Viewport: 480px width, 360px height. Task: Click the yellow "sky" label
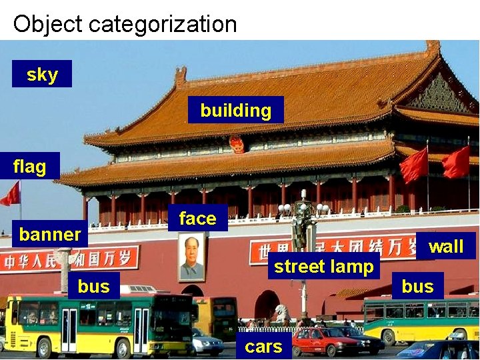[x=42, y=74]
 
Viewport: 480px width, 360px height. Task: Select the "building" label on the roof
[x=235, y=110]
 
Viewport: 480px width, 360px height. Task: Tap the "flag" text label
[x=29, y=166]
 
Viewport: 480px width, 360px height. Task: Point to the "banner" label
[x=50, y=234]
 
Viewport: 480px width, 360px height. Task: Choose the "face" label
[x=197, y=218]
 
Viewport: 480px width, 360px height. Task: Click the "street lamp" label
[x=323, y=266]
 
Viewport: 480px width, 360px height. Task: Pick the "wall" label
[x=445, y=246]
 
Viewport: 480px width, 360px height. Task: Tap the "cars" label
[x=263, y=346]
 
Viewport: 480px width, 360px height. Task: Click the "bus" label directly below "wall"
[x=417, y=286]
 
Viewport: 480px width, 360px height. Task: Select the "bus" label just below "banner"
[x=93, y=286]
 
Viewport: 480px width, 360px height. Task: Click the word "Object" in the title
[x=47, y=24]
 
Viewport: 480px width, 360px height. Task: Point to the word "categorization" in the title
[x=163, y=24]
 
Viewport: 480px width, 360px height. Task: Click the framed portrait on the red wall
[x=191, y=257]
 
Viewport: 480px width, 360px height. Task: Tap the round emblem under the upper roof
[x=237, y=144]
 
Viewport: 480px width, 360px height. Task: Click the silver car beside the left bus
[x=207, y=343]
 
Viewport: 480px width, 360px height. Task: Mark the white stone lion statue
[x=281, y=313]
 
